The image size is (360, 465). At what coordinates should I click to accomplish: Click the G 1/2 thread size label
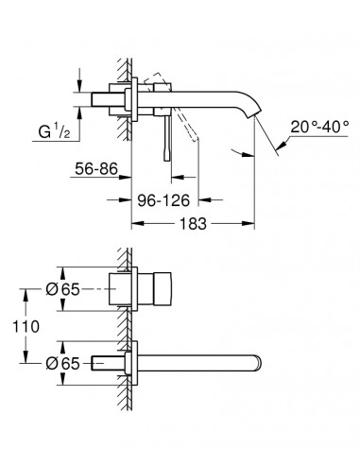pyautogui.click(x=54, y=131)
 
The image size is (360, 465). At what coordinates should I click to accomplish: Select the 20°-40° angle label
pyautogui.click(x=319, y=127)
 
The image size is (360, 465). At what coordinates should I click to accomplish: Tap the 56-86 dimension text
pyautogui.click(x=96, y=169)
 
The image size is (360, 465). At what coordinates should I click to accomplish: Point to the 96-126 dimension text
pyautogui.click(x=163, y=200)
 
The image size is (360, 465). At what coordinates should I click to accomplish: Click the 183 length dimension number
pyautogui.click(x=193, y=224)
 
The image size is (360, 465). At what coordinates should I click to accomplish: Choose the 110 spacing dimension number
pyautogui.click(x=26, y=326)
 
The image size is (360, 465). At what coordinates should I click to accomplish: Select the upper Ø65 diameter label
pyautogui.click(x=62, y=289)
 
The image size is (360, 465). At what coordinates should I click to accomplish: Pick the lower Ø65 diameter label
pyautogui.click(x=62, y=364)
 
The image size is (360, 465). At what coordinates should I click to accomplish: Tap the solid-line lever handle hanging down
pyautogui.click(x=167, y=138)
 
